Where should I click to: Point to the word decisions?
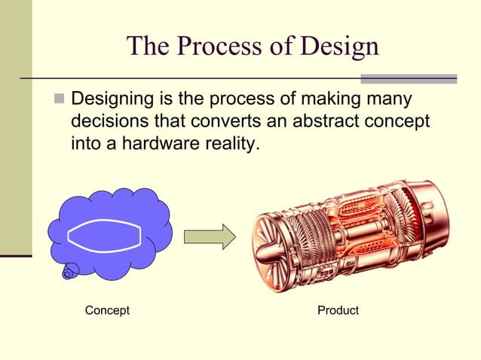106,121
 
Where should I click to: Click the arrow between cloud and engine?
210,236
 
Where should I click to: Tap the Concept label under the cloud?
107,310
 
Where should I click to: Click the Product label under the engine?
338,310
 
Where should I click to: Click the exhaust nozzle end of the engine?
437,218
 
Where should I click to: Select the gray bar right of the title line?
409,78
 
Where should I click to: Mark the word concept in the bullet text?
399,121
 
